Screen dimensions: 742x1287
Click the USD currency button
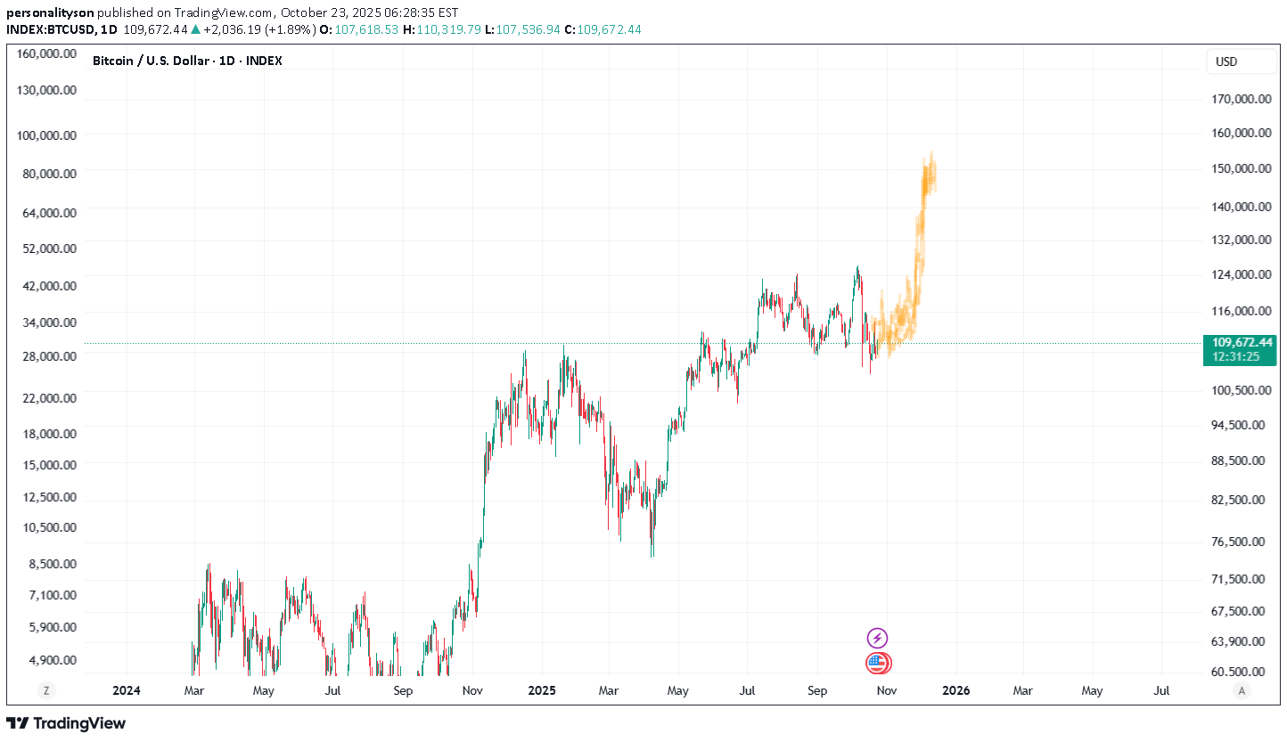1226,62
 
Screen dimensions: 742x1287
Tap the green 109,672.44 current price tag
1239,342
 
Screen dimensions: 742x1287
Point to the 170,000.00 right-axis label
1241,100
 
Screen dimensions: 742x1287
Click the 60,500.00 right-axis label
1241,672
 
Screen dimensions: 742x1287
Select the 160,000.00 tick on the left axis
46,53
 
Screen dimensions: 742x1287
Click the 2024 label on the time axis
127,690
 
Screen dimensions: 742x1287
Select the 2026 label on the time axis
956,690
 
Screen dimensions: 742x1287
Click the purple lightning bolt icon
877,638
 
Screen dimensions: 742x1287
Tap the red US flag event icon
877,663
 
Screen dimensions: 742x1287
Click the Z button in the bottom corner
45,690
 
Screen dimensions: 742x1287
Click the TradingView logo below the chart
66,723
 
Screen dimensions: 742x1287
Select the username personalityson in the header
50,12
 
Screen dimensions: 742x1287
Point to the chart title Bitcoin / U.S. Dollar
151,61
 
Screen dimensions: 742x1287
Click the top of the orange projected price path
931,153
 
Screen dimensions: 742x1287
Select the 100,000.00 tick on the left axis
46,135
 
